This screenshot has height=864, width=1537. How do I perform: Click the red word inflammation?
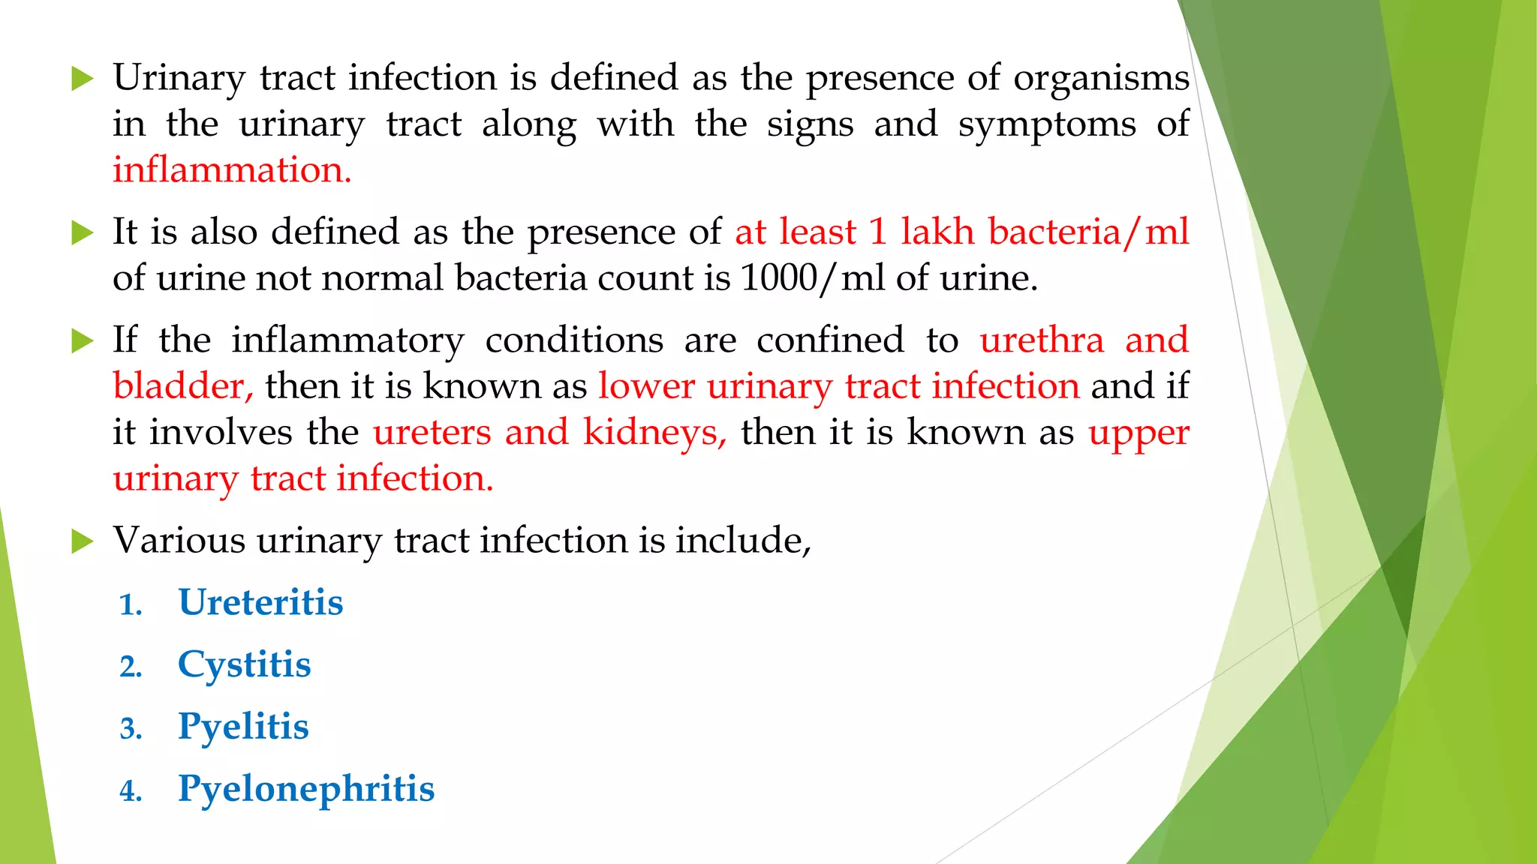tap(231, 170)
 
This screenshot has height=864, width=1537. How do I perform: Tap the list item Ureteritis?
tap(260, 602)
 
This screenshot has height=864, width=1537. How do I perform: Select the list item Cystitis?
tap(244, 664)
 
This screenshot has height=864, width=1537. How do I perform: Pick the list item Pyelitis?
tap(243, 727)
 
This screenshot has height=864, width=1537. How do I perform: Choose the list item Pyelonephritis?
tap(306, 789)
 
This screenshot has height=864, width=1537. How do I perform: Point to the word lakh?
tap(938, 232)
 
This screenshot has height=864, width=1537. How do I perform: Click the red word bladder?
tap(183, 386)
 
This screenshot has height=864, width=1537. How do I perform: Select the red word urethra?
tap(1042, 340)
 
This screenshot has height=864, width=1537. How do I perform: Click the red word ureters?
tap(432, 433)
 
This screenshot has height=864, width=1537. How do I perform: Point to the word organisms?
tap(1101, 78)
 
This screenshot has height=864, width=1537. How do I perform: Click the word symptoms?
tap(1047, 124)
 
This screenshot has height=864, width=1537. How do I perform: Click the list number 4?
tap(131, 791)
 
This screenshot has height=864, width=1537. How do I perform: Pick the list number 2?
tap(131, 667)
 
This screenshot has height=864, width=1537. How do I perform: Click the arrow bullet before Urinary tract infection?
tap(82, 79)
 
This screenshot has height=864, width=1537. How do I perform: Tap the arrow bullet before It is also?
tap(82, 232)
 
